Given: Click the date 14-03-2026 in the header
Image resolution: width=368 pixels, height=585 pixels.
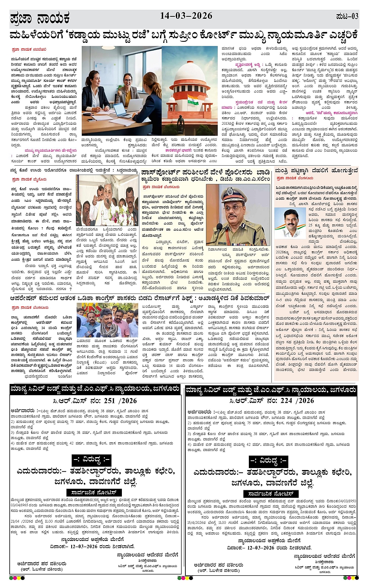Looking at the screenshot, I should click(x=186, y=16).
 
